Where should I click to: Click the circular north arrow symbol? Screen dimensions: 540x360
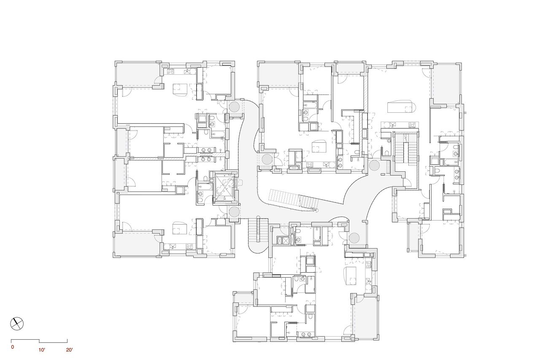point(17,324)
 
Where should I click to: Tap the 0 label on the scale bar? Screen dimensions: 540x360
point(13,347)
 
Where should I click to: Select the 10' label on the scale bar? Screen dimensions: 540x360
point(42,350)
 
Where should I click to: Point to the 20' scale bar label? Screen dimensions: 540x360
point(70,350)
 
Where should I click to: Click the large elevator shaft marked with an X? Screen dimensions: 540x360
point(225,188)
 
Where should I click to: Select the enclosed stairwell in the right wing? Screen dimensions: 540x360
point(406,149)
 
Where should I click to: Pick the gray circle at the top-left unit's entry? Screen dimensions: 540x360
point(234,106)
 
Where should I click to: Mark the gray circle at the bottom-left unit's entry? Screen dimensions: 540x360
point(234,212)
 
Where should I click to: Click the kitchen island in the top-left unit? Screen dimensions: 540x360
point(180,90)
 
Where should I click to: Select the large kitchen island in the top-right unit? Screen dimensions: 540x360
point(401,107)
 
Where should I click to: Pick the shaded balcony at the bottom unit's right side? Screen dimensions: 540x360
point(365,317)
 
